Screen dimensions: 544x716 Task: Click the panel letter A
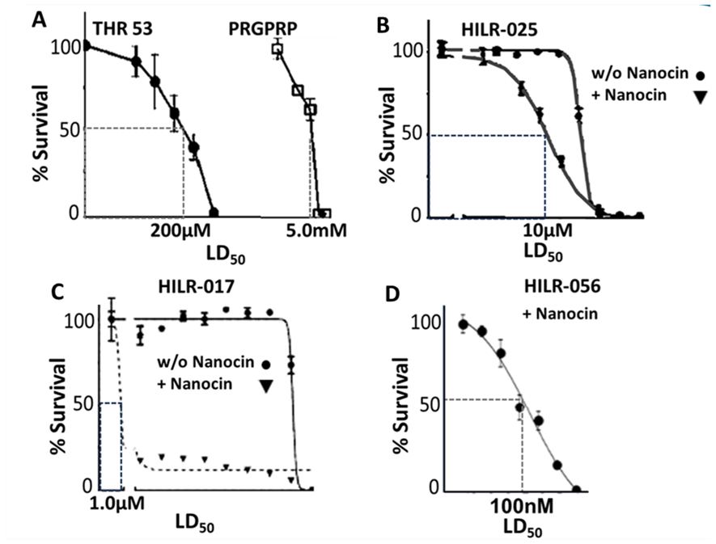pos(39,16)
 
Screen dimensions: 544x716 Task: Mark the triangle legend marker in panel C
pos(264,386)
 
